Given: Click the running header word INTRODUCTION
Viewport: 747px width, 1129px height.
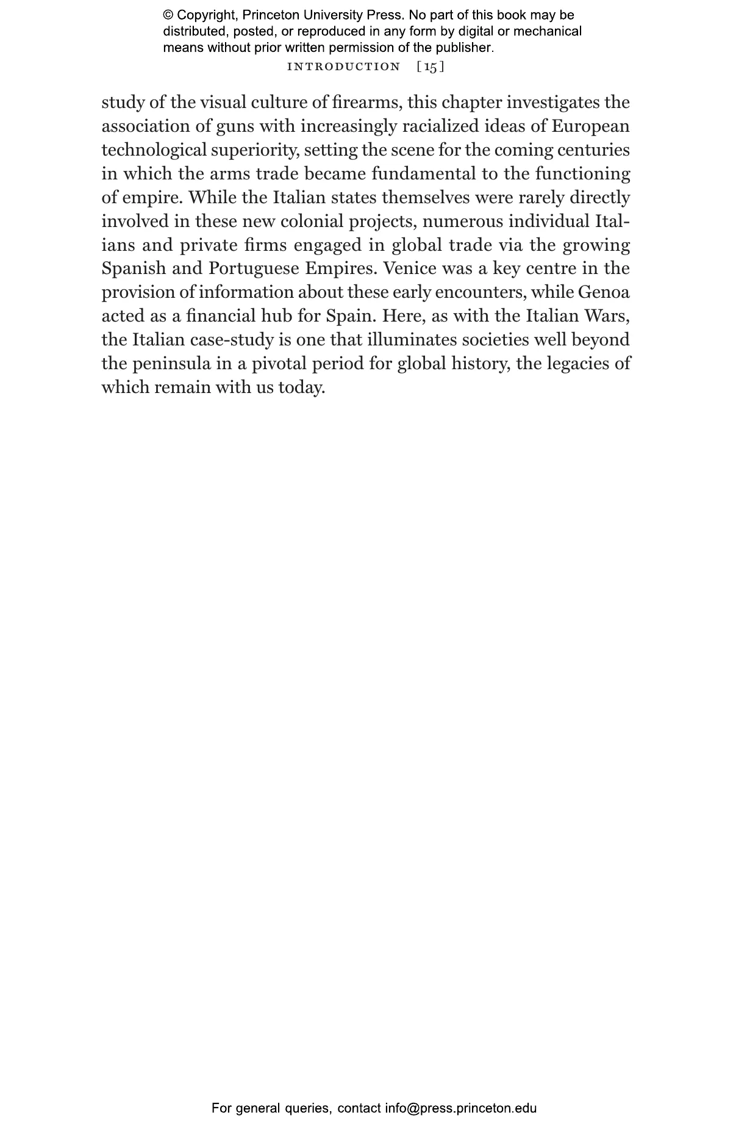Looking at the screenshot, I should (x=343, y=67).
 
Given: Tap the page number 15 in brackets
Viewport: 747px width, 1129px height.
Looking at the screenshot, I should (x=431, y=67).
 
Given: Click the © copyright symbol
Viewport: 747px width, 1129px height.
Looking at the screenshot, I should (x=168, y=15).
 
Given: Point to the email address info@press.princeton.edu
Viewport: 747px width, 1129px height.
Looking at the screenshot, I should (x=460, y=1108).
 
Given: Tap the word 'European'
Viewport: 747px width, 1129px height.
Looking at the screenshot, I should (x=590, y=126).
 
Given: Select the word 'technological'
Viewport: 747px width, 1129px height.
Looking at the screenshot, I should (x=154, y=150).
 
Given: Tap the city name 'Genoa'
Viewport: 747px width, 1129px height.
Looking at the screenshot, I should (x=604, y=292).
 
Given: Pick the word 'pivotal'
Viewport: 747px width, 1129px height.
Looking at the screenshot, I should (x=279, y=364).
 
